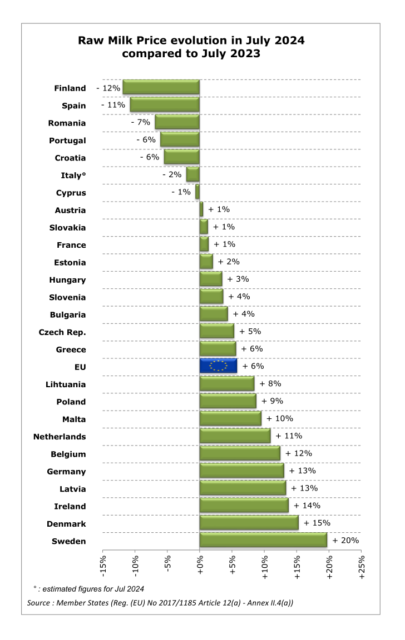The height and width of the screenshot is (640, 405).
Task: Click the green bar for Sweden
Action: (x=263, y=540)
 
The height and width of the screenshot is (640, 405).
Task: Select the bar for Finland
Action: (x=161, y=87)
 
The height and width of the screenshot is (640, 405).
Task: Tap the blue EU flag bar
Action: (x=218, y=366)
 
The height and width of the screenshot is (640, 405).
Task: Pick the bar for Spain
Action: (x=165, y=104)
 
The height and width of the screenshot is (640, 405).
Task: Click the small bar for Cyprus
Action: (x=197, y=192)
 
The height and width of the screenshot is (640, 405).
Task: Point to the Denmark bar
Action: (x=249, y=522)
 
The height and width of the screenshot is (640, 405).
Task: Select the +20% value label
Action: (x=345, y=541)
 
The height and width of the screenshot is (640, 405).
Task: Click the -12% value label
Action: (x=108, y=88)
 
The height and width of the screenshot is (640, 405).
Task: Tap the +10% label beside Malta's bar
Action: (x=280, y=418)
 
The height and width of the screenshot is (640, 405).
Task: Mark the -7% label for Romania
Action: (x=141, y=122)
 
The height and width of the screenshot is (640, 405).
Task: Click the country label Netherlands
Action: (x=60, y=437)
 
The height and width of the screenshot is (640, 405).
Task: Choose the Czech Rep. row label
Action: (x=62, y=332)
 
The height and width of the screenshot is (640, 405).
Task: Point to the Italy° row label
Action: (x=73, y=176)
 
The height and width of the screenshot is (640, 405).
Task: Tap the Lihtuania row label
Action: (x=66, y=384)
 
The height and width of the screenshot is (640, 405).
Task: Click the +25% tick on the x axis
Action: (x=361, y=567)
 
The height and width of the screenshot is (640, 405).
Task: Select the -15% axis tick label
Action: (x=103, y=566)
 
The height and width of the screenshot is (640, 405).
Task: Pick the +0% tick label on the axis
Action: (x=200, y=565)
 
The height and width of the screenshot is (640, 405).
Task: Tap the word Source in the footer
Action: (x=38, y=603)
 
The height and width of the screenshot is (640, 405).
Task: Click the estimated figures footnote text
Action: (x=88, y=589)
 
